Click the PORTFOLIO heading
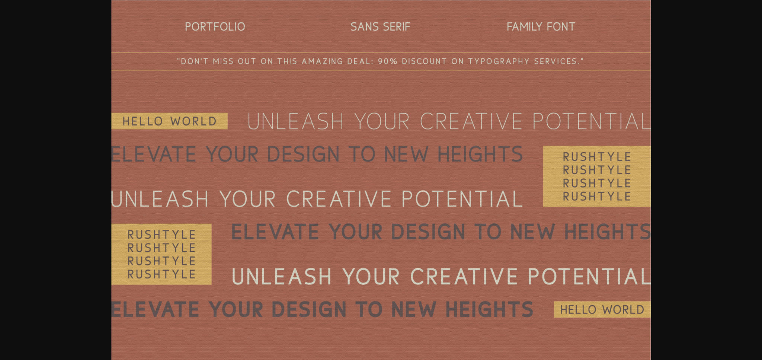(215, 27)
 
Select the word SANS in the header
(364, 27)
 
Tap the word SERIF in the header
(396, 27)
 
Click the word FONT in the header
(561, 27)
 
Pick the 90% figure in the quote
(388, 61)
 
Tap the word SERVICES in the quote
(557, 61)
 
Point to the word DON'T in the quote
(195, 61)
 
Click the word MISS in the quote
(223, 61)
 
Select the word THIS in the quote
(287, 61)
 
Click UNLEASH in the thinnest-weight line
(295, 121)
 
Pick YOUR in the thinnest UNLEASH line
(382, 121)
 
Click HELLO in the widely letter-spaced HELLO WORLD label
(143, 121)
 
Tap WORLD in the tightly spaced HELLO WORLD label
(623, 310)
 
